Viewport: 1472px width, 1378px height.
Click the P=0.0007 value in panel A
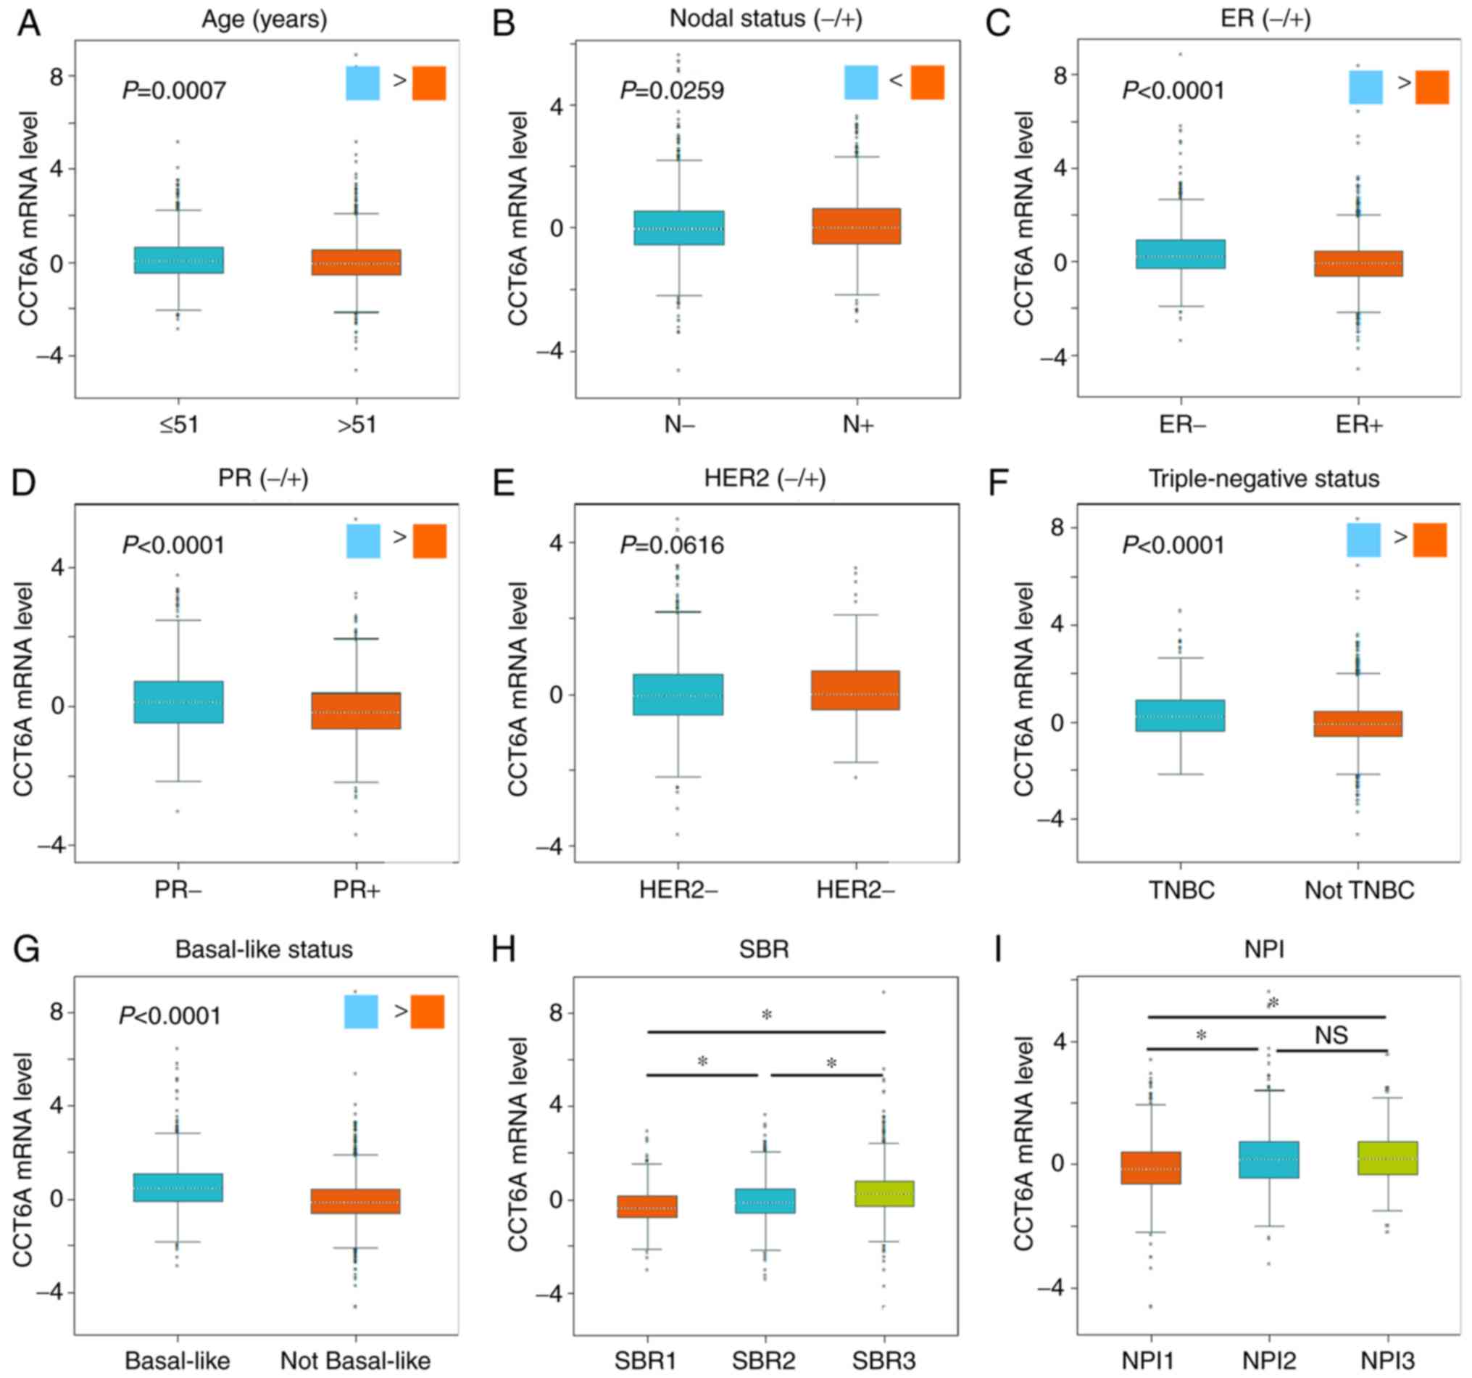[174, 91]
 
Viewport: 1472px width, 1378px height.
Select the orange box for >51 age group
[356, 263]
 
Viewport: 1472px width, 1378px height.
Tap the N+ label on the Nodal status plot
[858, 424]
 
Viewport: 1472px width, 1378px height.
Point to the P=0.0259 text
[672, 91]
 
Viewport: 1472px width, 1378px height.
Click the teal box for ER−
[1180, 254]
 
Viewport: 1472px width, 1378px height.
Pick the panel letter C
[997, 24]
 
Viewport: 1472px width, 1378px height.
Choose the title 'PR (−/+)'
[263, 478]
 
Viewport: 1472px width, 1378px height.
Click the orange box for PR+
[356, 711]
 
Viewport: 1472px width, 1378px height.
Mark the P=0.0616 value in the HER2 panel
[672, 545]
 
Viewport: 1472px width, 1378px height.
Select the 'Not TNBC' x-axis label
[1359, 890]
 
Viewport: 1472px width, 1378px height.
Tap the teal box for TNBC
[1180, 716]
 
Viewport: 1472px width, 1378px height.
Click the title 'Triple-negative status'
[1264, 479]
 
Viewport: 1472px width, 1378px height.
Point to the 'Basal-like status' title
[264, 949]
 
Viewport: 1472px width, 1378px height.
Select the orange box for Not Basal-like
[355, 1201]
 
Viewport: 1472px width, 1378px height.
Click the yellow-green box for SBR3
[884, 1194]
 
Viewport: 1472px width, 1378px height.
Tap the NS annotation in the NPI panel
[1331, 1035]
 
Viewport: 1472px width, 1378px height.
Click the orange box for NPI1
[1151, 1168]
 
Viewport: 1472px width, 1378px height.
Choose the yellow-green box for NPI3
[1388, 1158]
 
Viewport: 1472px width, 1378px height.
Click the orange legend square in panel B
[927, 82]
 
